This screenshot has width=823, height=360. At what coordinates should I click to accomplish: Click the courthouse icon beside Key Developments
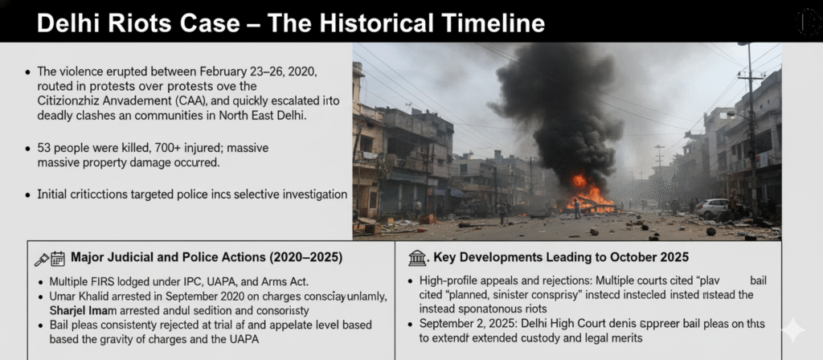click(417, 258)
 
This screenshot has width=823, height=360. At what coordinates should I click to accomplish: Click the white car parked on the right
click(712, 208)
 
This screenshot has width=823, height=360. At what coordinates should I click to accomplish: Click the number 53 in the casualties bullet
click(45, 149)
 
